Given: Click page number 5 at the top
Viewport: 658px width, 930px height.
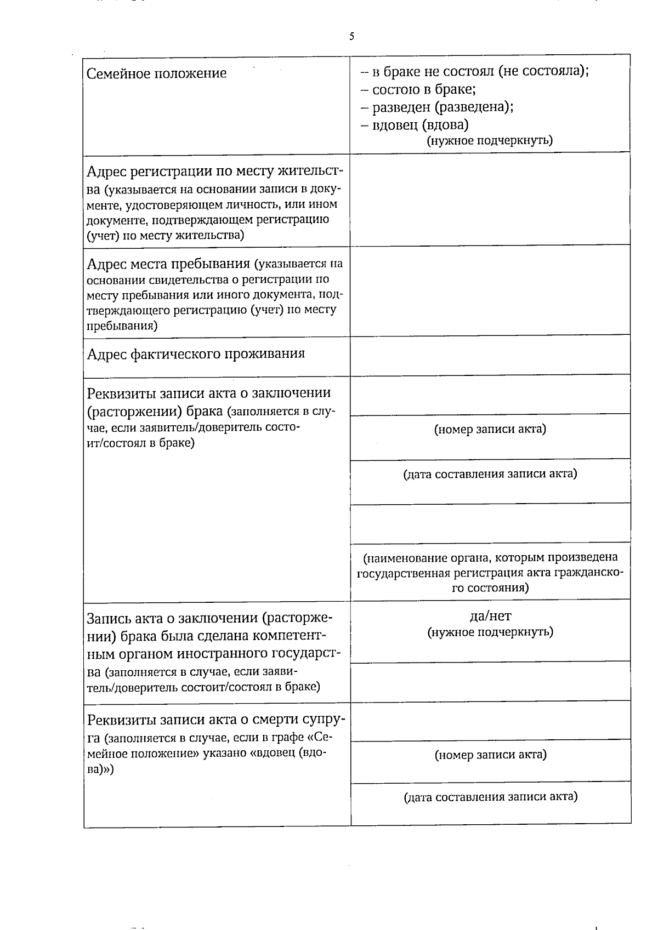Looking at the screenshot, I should [351, 37].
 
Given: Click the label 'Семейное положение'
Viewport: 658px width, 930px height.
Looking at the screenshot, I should [157, 73].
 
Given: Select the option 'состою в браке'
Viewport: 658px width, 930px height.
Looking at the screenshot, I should [423, 89].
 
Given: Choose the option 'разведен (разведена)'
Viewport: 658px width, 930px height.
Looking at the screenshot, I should [442, 106].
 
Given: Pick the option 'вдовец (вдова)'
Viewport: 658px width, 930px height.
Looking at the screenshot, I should [419, 124].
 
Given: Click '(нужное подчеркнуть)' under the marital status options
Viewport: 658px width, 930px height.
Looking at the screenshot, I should [490, 140].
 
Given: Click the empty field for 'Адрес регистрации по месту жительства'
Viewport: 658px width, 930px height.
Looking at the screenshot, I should [490, 198].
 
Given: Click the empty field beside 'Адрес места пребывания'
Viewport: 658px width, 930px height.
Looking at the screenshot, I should [490, 290].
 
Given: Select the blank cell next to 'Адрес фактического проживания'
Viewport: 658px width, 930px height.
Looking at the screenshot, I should [490, 355].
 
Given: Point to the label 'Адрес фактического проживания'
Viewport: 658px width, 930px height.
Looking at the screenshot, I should [196, 353].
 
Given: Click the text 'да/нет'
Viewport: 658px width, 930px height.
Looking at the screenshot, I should [490, 615].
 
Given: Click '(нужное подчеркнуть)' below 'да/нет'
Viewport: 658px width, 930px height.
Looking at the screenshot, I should [490, 632].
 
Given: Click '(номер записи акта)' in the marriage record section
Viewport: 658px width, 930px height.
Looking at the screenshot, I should [490, 429].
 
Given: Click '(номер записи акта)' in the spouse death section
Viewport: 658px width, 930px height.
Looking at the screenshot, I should [490, 755].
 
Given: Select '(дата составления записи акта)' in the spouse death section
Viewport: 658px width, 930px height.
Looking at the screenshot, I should [490, 797].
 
